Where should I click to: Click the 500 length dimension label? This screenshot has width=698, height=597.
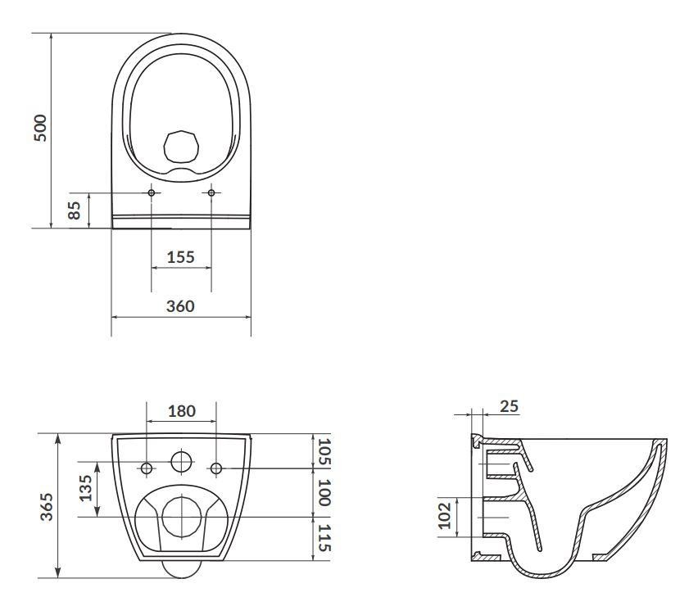(41, 129)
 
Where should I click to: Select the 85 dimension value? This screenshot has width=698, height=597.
(75, 210)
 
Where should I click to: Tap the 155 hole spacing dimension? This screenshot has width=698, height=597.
(180, 257)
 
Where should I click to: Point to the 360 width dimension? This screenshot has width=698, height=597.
(180, 306)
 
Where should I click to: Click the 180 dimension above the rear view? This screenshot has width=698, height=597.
(181, 412)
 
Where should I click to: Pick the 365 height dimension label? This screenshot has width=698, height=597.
(48, 506)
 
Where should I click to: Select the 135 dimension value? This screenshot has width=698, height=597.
(85, 490)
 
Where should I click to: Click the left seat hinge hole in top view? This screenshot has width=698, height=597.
(152, 192)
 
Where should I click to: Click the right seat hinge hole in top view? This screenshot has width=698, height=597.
(211, 192)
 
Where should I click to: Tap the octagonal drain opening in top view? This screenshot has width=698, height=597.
(181, 145)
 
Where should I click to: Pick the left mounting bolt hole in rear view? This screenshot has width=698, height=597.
(147, 468)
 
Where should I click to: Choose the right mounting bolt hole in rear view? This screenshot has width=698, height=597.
(216, 468)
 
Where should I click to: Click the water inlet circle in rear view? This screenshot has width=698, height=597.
(181, 461)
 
